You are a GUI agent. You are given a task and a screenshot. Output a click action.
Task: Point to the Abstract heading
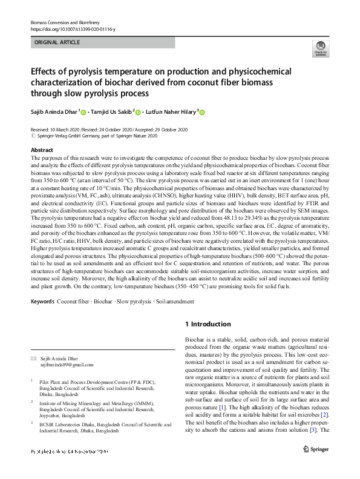coord(41,149)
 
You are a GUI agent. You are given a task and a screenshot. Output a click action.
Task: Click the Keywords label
coord(43,302)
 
